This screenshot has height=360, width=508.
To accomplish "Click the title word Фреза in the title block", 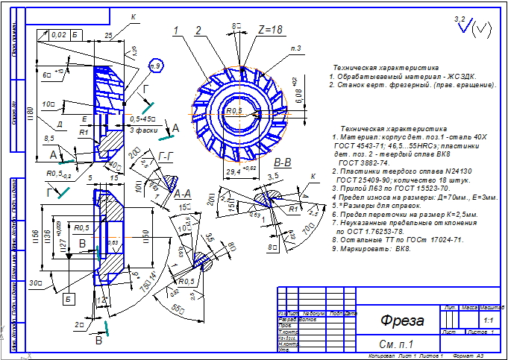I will pyautogui.click(x=402, y=321).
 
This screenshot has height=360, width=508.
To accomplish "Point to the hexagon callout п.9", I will pyautogui.click(x=156, y=66).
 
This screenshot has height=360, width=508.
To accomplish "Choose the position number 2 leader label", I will pyautogui.click(x=198, y=31).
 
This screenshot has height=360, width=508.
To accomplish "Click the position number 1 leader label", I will pyautogui.click(x=177, y=31).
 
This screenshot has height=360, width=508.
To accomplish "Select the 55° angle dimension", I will pyautogui.click(x=178, y=307).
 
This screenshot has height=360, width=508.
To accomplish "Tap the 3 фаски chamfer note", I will pyautogui.click(x=141, y=130).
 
